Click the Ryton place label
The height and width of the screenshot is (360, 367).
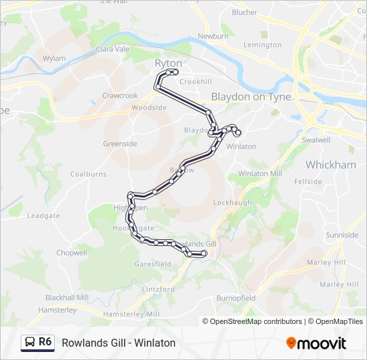pyautogui.click(x=168, y=63)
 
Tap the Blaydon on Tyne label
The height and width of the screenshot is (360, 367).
pyautogui.click(x=251, y=97)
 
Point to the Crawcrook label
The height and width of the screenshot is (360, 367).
pyautogui.click(x=120, y=96)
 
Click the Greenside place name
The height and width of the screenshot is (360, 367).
pyautogui.click(x=120, y=143)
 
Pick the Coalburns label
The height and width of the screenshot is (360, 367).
pyautogui.click(x=88, y=174)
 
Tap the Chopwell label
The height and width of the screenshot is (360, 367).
pyautogui.click(x=71, y=253)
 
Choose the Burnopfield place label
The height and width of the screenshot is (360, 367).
pyautogui.click(x=236, y=298)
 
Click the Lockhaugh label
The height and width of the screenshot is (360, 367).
pyautogui.click(x=232, y=202)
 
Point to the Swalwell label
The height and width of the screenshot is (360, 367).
pyautogui.click(x=316, y=140)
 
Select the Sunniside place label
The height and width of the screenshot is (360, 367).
pyautogui.click(x=342, y=235)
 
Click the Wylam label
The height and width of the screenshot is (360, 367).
pyautogui.click(x=54, y=59)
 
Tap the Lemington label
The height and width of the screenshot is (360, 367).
pyautogui.click(x=263, y=45)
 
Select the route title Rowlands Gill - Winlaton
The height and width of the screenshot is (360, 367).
pyautogui.click(x=118, y=343)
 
